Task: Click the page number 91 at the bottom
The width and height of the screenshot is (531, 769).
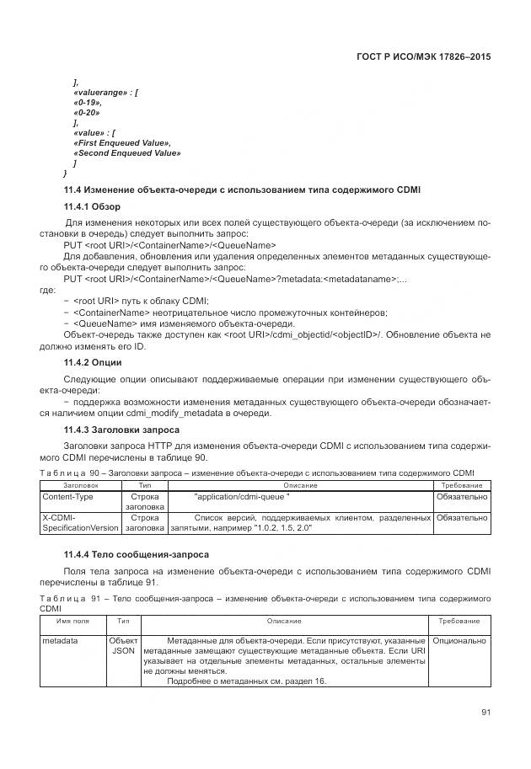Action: [485, 712]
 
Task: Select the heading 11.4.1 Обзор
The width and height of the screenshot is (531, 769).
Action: [92, 207]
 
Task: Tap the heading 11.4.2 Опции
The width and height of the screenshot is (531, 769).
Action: [92, 362]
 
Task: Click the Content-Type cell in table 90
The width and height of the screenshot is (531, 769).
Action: [60, 497]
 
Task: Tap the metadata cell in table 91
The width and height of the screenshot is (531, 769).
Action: [60, 641]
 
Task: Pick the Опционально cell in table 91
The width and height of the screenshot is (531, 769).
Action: [459, 641]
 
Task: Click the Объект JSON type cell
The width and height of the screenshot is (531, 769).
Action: [123, 646]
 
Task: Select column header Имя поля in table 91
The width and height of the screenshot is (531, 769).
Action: [72, 621]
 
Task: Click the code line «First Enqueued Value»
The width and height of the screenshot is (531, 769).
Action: [122, 143]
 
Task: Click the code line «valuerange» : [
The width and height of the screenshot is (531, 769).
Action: [105, 92]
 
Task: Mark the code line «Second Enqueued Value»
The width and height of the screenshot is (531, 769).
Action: [126, 153]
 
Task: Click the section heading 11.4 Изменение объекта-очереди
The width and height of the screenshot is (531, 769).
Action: [243, 190]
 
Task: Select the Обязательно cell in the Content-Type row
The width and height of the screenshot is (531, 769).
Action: [461, 497]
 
